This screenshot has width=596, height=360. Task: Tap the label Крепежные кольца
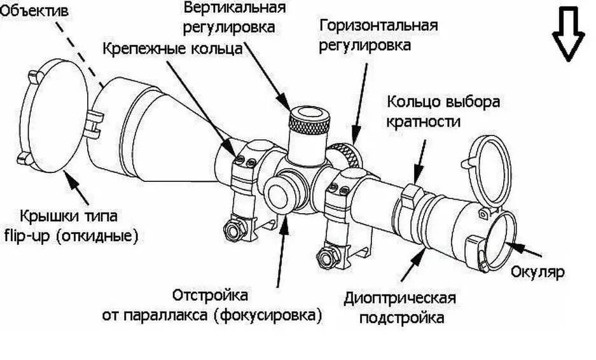tap(172, 49)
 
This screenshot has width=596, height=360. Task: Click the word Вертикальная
tap(235, 9)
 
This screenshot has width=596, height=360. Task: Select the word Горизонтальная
tap(378, 25)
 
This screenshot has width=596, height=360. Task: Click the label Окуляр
tap(538, 272)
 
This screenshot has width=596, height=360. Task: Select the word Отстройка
tap(211, 295)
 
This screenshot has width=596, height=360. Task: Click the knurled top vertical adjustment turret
tap(308, 121)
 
